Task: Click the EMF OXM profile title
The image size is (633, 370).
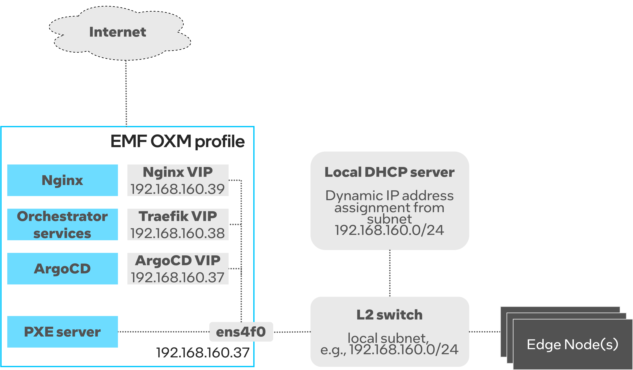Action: pos(177,141)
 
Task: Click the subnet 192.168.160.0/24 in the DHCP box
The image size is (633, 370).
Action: pos(389,230)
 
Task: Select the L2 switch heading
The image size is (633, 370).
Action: pos(389,315)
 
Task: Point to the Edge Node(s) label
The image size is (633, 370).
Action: pos(572,344)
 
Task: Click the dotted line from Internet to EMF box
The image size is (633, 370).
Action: pos(126,93)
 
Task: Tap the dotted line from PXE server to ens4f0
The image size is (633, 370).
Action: pos(163,332)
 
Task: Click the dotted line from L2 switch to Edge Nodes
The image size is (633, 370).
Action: pos(485,332)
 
